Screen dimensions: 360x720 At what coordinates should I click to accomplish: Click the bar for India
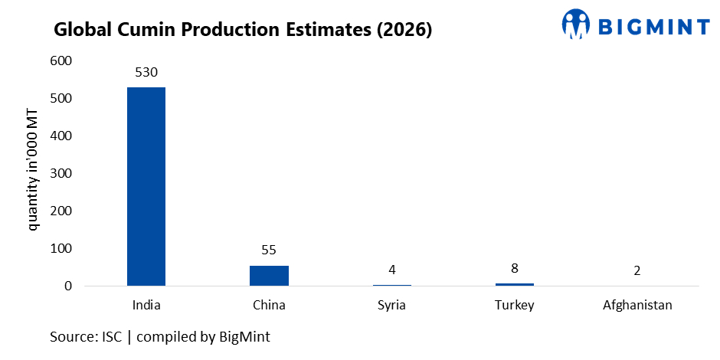(146, 186)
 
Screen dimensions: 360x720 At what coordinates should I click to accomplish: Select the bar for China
(269, 276)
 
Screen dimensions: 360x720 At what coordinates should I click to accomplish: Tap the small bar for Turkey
(514, 284)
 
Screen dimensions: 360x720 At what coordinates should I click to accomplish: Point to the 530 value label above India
(146, 73)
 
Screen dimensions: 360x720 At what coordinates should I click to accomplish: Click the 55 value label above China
(269, 250)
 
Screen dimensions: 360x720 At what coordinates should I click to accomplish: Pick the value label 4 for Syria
(391, 270)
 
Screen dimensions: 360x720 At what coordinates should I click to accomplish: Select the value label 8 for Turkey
(514, 268)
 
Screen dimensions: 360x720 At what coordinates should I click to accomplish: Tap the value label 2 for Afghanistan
(637, 270)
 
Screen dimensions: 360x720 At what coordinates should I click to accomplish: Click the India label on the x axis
(146, 305)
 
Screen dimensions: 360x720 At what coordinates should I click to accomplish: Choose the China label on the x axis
(269, 305)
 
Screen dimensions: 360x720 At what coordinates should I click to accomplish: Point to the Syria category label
(391, 305)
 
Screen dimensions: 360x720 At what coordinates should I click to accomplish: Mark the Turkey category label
(514, 305)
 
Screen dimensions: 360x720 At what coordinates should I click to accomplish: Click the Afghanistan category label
(637, 305)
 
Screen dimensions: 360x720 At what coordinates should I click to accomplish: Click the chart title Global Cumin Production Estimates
(243, 31)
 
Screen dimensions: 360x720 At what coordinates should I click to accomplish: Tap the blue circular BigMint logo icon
(576, 25)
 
